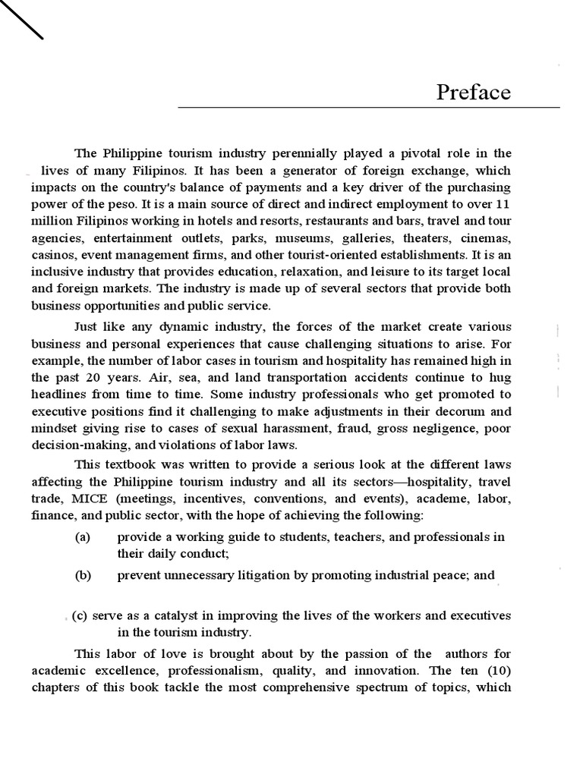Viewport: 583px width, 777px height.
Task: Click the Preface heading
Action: pyautogui.click(x=473, y=93)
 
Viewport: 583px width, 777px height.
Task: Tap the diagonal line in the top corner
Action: pyautogui.click(x=22, y=19)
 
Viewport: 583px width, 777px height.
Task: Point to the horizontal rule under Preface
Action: pyautogui.click(x=369, y=108)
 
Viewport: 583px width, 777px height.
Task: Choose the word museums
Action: pyautogui.click(x=288, y=238)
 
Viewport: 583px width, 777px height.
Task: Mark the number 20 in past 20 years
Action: pyautogui.click(x=96, y=377)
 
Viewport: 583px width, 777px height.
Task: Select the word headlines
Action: pyautogui.click(x=59, y=395)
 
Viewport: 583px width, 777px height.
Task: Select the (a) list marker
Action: pyautogui.click(x=83, y=537)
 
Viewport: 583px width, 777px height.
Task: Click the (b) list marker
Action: pyautogui.click(x=83, y=575)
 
